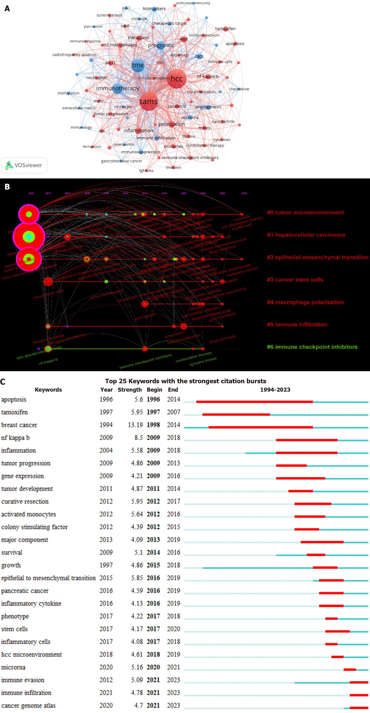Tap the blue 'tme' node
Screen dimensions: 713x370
pyautogui.click(x=138, y=65)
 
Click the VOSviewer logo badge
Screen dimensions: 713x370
pyautogui.click(x=24, y=165)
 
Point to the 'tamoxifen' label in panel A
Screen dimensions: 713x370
pyautogui.click(x=225, y=28)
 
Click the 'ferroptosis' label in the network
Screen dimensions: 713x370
pyautogui.click(x=92, y=147)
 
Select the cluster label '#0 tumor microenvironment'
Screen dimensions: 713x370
pyautogui.click(x=305, y=213)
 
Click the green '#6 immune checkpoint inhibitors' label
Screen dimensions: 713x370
pyautogui.click(x=312, y=347)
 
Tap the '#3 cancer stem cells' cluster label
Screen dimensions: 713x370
pyautogui.click(x=295, y=280)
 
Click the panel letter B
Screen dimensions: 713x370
pyautogui.click(x=7, y=187)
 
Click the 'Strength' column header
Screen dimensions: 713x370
pyautogui.click(x=130, y=390)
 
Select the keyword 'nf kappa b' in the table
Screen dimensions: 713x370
pyautogui.click(x=15, y=438)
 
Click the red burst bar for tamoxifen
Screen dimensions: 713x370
pyautogui.click(x=236, y=414)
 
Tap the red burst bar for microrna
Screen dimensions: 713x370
pyautogui.click(x=350, y=670)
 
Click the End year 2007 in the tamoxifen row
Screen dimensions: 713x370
pyautogui.click(x=173, y=412)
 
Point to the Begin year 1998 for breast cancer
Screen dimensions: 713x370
pyautogui.click(x=153, y=425)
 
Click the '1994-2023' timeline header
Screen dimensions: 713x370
pyautogui.click(x=275, y=390)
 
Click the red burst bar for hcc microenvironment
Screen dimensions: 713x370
pyautogui.click(x=337, y=657)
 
